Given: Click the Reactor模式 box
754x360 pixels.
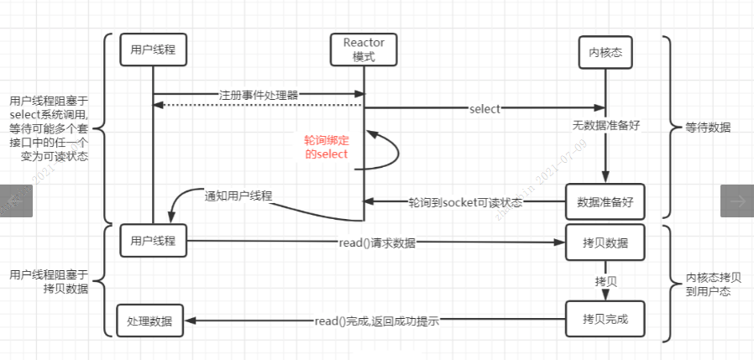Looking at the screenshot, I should pyautogui.click(x=363, y=50).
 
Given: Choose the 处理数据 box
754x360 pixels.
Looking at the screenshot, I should pyautogui.click(x=150, y=320).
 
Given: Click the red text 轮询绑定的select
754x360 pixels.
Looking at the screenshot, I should pyautogui.click(x=326, y=148).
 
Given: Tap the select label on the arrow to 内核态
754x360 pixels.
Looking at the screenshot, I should pyautogui.click(x=485, y=108).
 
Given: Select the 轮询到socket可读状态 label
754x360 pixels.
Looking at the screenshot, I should pyautogui.click(x=465, y=202).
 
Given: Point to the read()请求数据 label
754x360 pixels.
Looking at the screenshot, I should pyautogui.click(x=376, y=243).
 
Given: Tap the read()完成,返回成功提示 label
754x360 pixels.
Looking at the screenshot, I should pyautogui.click(x=378, y=320).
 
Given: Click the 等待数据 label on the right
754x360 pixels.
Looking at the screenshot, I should pyautogui.click(x=708, y=128).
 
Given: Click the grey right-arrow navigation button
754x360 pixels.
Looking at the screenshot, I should pyautogui.click(x=737, y=201).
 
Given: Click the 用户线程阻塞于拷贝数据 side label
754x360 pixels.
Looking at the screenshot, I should pyautogui.click(x=48, y=282).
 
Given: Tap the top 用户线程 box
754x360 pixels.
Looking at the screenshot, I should pyautogui.click(x=152, y=50).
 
